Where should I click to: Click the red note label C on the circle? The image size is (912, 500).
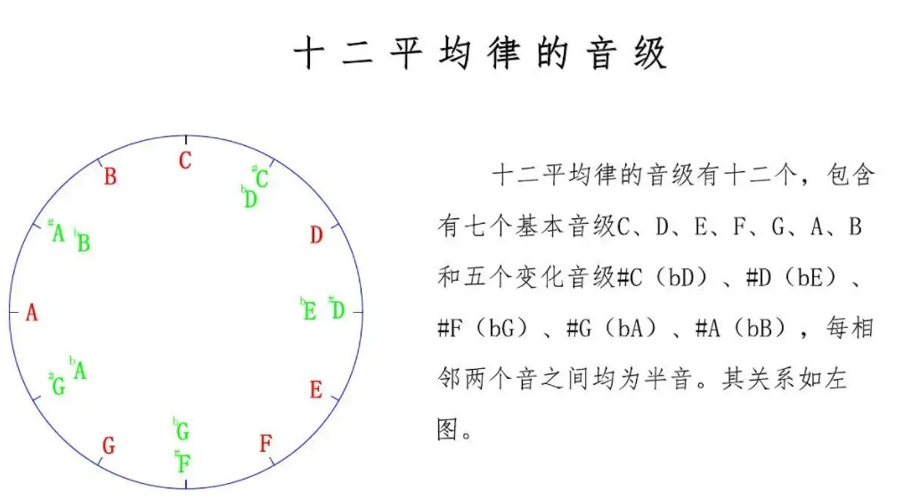[x=185, y=161]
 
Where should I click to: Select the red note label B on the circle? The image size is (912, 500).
[x=110, y=176]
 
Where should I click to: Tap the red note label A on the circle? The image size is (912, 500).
[x=32, y=314]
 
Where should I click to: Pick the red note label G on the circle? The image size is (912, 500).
[x=109, y=446]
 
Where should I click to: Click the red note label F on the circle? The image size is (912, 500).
[x=265, y=444]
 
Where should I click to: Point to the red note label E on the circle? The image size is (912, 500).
[x=316, y=390]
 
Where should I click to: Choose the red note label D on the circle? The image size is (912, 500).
[x=316, y=235]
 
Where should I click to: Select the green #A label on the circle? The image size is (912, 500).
[x=57, y=233]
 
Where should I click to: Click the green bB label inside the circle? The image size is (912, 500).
[x=82, y=242]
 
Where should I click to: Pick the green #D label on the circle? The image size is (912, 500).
[x=337, y=309]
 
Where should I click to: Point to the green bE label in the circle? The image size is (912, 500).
[x=308, y=310]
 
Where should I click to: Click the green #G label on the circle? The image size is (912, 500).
[x=57, y=386]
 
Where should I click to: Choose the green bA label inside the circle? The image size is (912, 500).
[x=78, y=369]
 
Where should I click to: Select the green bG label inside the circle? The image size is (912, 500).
[x=182, y=431]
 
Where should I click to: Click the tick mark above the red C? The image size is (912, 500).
[x=185, y=140]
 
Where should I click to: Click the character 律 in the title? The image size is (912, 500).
[x=504, y=54]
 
